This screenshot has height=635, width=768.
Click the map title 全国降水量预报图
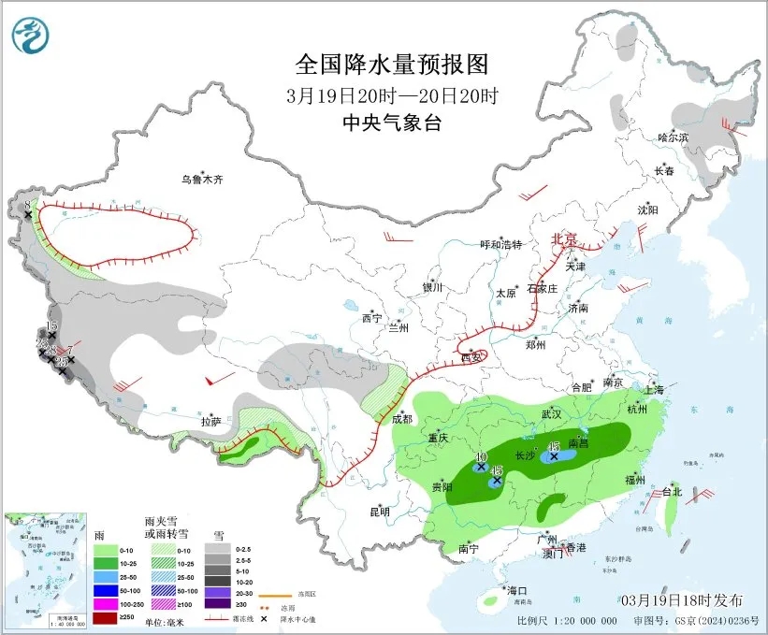(391, 65)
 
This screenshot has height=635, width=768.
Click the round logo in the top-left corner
(30, 35)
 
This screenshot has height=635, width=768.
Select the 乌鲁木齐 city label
(203, 179)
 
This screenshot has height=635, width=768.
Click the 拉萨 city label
(210, 422)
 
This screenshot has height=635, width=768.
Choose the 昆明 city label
(379, 511)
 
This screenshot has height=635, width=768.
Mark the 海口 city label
(517, 590)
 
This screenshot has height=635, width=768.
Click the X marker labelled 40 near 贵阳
(481, 466)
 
